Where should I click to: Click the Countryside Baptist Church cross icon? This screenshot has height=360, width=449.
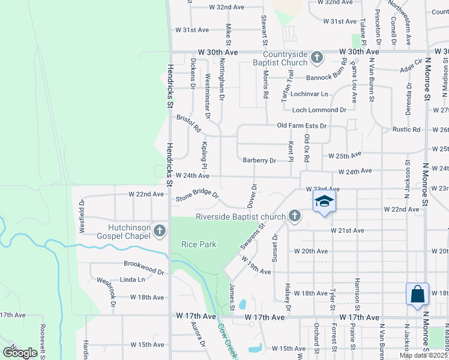point(318,58)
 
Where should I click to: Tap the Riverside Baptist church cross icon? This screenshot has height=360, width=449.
point(294,216)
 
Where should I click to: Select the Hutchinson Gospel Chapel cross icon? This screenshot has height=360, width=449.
point(160,230)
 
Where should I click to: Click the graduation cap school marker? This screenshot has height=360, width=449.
point(324,201)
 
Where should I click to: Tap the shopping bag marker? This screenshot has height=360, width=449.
point(417,294)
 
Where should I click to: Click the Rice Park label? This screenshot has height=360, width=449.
point(199,244)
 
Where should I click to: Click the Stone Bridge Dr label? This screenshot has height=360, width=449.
point(197,197)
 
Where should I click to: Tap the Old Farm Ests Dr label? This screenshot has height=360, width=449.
point(301,126)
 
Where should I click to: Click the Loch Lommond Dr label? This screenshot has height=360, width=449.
point(319,110)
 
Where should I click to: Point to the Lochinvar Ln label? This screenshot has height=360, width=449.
point(309,94)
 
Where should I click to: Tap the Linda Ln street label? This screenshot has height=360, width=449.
point(133,280)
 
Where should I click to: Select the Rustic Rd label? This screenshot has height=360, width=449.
point(406,130)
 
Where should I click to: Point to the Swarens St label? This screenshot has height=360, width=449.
point(252,238)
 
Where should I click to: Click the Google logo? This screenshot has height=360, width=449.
point(20,353)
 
